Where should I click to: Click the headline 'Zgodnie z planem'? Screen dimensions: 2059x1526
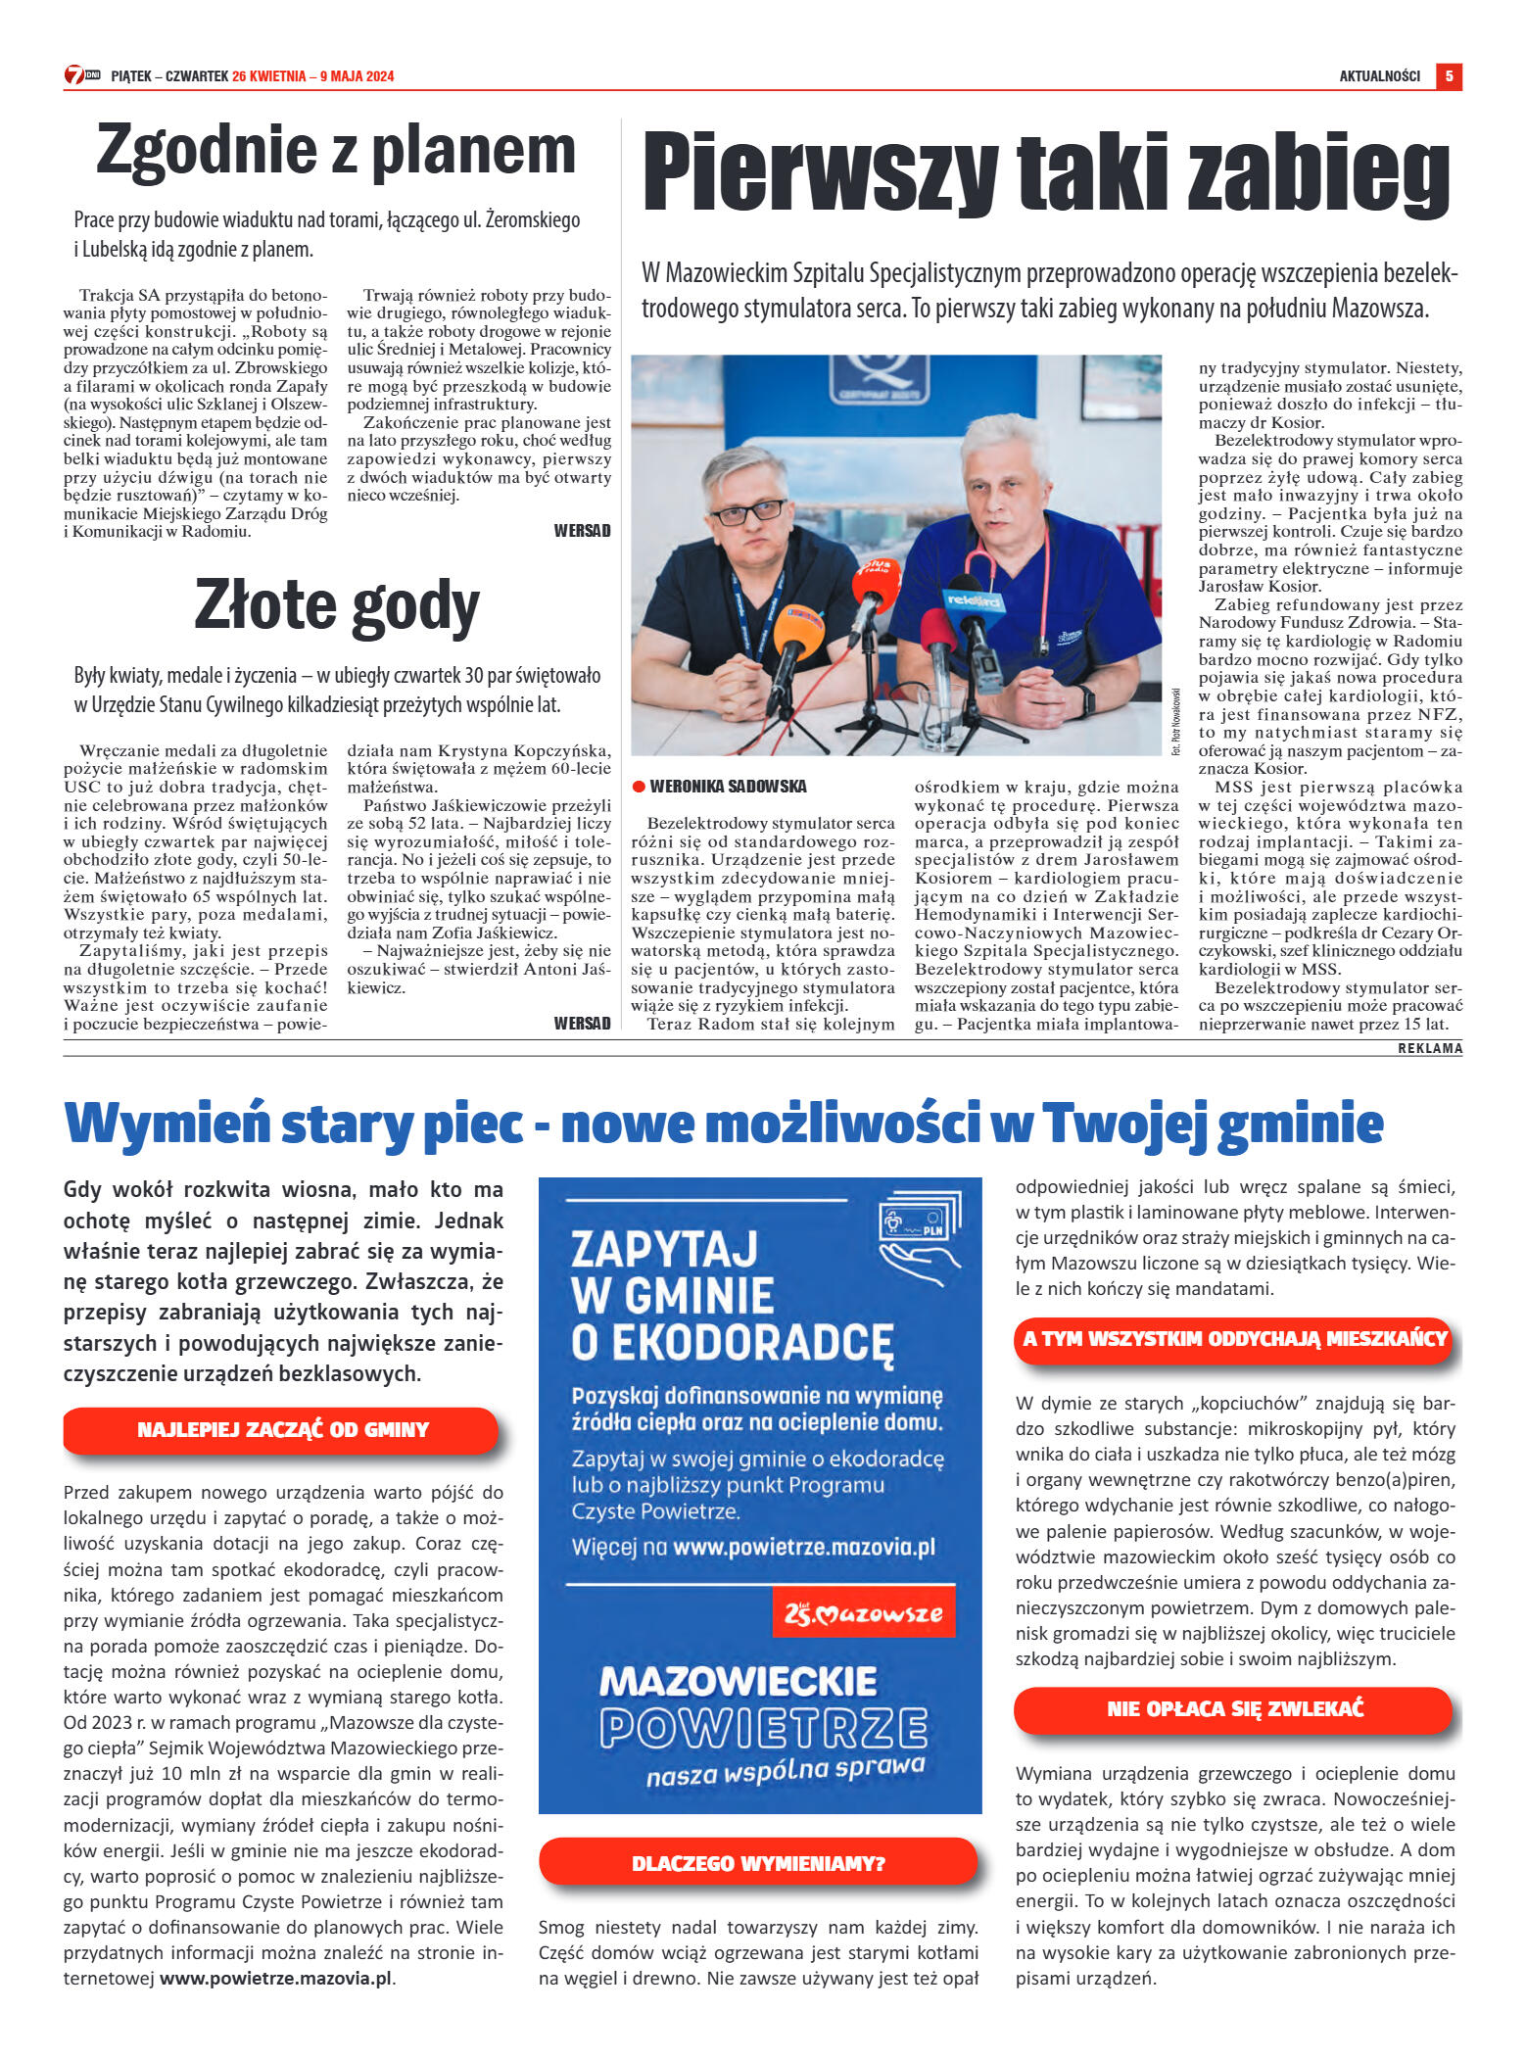[x=335, y=152]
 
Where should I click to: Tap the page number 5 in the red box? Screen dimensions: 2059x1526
[x=1449, y=75]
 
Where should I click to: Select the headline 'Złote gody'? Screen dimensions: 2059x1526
[x=336, y=605]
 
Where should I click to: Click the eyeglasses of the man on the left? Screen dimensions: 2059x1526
[x=747, y=511]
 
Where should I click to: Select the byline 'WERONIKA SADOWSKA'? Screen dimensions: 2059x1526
[x=728, y=786]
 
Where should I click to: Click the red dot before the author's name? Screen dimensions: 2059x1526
[x=639, y=786]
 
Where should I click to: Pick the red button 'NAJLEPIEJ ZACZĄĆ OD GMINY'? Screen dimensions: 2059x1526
[x=282, y=1429]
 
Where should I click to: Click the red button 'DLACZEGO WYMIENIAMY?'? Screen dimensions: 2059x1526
[x=758, y=1862]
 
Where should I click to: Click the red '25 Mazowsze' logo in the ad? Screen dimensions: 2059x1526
[x=863, y=1614]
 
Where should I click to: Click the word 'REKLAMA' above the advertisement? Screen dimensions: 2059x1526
[x=1430, y=1048]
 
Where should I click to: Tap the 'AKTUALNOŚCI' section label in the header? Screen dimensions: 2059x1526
[x=1379, y=76]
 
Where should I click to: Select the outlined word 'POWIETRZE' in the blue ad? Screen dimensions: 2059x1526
[x=763, y=1728]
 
